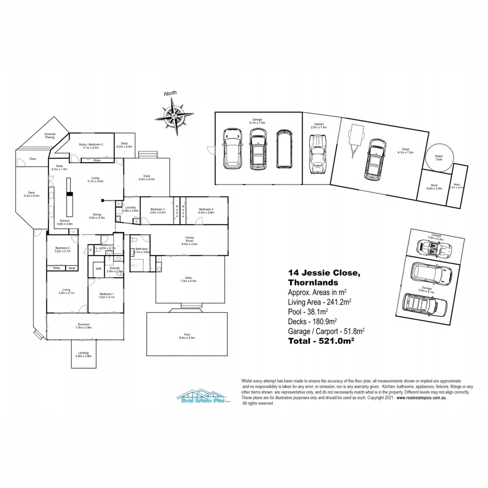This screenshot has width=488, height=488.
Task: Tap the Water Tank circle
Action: (439, 157)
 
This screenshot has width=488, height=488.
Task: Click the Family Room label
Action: (189, 240)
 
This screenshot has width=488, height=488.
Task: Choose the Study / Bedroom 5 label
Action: (91, 145)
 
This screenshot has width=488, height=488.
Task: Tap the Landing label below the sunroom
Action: (83, 354)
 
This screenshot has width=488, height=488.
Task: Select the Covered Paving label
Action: (50, 136)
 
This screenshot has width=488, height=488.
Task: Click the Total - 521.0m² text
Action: (320, 341)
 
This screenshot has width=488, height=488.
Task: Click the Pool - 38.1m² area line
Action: (308, 311)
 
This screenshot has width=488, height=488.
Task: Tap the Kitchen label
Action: (65, 222)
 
